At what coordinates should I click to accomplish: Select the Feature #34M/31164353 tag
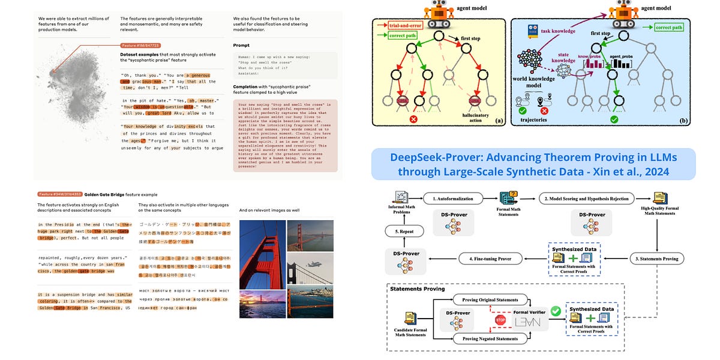tap(59, 194)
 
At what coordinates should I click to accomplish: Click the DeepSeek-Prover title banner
tap(533, 164)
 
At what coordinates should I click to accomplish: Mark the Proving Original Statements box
tap(490, 299)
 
